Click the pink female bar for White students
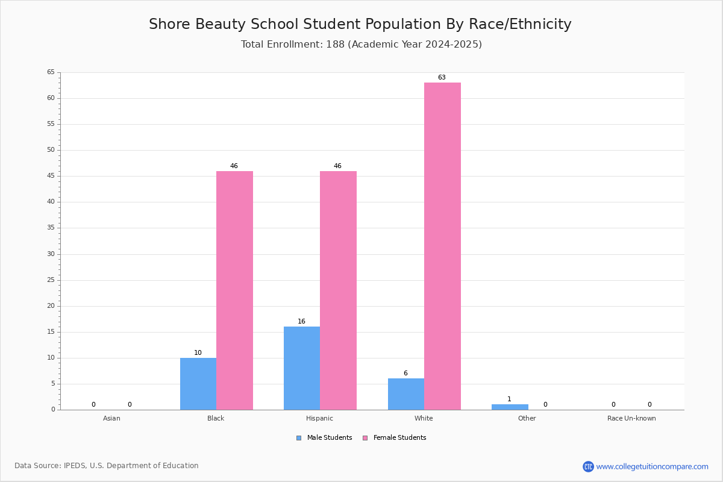point(442,246)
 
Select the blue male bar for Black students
point(198,384)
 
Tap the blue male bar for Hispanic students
point(302,368)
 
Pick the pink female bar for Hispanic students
point(338,290)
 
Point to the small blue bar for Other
point(510,407)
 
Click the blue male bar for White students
point(406,394)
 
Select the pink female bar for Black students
point(234,290)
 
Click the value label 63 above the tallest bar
point(442,77)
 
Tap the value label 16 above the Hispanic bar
point(301,321)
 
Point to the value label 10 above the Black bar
point(198,352)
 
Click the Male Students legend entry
point(324,437)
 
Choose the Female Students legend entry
point(395,437)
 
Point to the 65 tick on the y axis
point(51,72)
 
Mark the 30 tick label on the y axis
point(51,254)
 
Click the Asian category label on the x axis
point(111,418)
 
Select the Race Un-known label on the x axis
point(631,418)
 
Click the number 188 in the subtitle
point(335,44)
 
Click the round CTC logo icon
point(588,466)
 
